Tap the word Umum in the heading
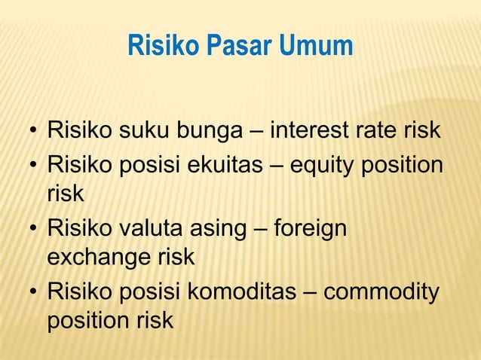pyautogui.click(x=317, y=46)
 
